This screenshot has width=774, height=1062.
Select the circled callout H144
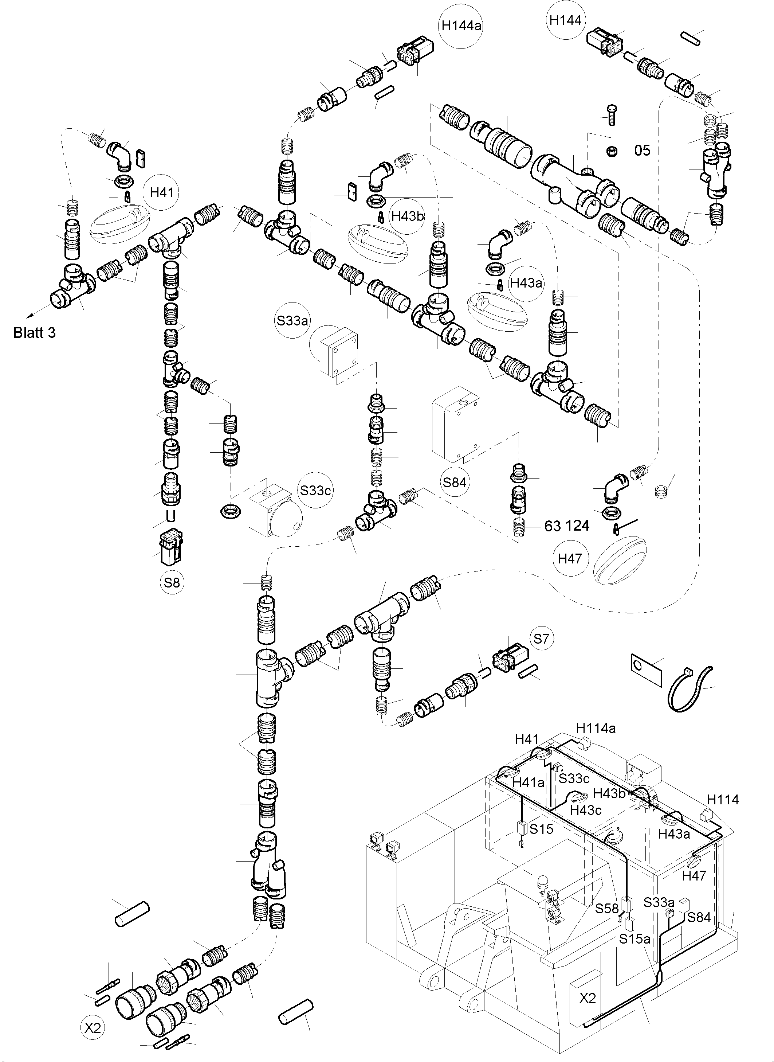[x=566, y=20]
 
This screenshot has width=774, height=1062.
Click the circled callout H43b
[x=407, y=216]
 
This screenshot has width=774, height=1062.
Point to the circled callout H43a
[x=526, y=283]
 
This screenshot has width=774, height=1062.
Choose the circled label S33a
[x=292, y=321]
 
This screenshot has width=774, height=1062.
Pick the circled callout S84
[x=455, y=482]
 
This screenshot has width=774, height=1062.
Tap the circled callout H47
[x=570, y=558]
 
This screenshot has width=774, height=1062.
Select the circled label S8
[x=172, y=582]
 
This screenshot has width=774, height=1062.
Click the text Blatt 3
[x=34, y=333]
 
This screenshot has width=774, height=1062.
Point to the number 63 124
[x=567, y=526]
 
